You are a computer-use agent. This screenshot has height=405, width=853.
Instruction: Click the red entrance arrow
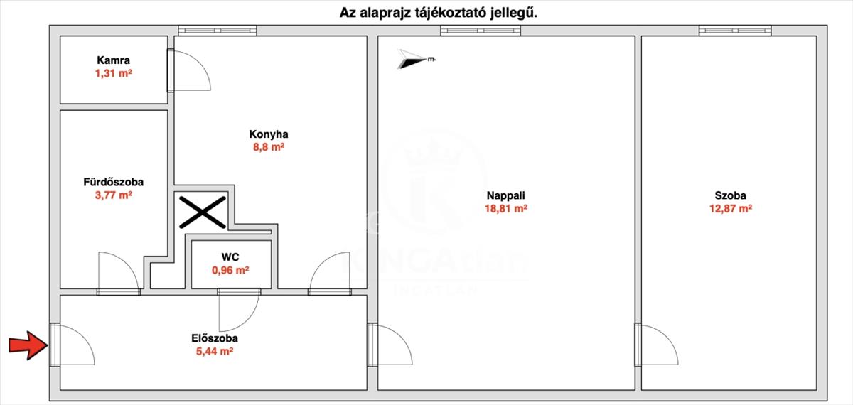pos(27,346)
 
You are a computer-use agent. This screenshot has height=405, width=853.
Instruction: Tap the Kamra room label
pos(114,61)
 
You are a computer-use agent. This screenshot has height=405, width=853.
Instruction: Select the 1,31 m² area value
pos(114,73)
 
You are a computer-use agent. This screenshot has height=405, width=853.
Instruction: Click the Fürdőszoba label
pos(114,182)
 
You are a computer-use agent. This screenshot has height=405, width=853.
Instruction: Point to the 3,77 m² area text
pos(114,195)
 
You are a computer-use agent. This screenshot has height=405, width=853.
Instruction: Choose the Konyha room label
pos(269,134)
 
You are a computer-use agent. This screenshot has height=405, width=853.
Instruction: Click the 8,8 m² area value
pos(269,147)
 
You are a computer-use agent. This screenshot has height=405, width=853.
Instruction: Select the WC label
pos(230,257)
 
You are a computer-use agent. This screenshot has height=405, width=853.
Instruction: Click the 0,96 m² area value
pos(230,270)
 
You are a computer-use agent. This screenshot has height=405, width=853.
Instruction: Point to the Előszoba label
pos(215,339)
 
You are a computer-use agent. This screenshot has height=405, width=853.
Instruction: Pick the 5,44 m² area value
pos(215,351)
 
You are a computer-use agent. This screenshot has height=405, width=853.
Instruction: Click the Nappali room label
pos(505,196)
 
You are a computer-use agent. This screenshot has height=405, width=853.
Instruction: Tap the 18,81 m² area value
pos(505,209)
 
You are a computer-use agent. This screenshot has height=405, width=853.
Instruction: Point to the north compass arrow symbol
pos(412,59)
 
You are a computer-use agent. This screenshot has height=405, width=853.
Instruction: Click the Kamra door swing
pos(192,71)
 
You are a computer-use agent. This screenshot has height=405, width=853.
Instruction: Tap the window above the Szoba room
pos(734,31)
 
